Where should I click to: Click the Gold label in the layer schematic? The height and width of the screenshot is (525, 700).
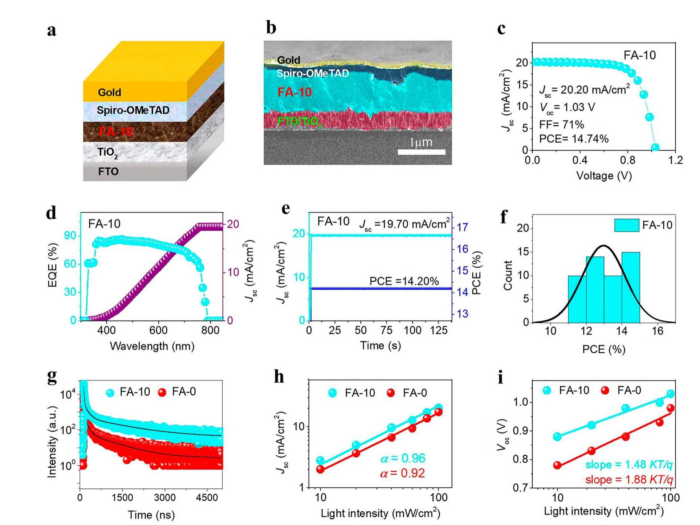[109, 93]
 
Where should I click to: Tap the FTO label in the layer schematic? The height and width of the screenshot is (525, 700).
[108, 171]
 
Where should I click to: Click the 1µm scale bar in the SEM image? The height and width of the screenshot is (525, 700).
[421, 152]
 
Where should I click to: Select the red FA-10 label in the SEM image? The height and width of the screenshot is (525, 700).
[294, 92]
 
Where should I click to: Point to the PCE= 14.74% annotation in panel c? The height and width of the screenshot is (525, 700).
[574, 139]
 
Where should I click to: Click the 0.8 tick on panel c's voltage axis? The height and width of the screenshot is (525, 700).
[628, 160]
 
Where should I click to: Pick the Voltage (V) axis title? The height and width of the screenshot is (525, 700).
[604, 176]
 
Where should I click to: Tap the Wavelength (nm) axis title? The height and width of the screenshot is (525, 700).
[152, 346]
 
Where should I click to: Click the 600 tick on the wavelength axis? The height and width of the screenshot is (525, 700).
[158, 330]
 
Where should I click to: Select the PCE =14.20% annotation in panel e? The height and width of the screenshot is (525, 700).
[404, 281]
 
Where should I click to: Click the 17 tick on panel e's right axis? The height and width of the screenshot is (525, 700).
[462, 227]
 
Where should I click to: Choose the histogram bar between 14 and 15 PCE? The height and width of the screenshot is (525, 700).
[631, 287]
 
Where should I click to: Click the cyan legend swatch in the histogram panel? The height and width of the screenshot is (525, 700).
[626, 225]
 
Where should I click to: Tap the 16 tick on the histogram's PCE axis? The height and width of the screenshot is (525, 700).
[658, 331]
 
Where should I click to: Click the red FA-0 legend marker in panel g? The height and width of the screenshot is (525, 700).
[162, 392]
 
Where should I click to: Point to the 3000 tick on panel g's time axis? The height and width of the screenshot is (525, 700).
[165, 497]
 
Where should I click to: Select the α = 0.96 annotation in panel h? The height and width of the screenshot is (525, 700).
[403, 459]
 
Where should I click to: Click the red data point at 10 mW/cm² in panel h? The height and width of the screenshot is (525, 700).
[320, 469]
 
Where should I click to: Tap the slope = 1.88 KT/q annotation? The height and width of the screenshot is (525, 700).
[629, 480]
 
